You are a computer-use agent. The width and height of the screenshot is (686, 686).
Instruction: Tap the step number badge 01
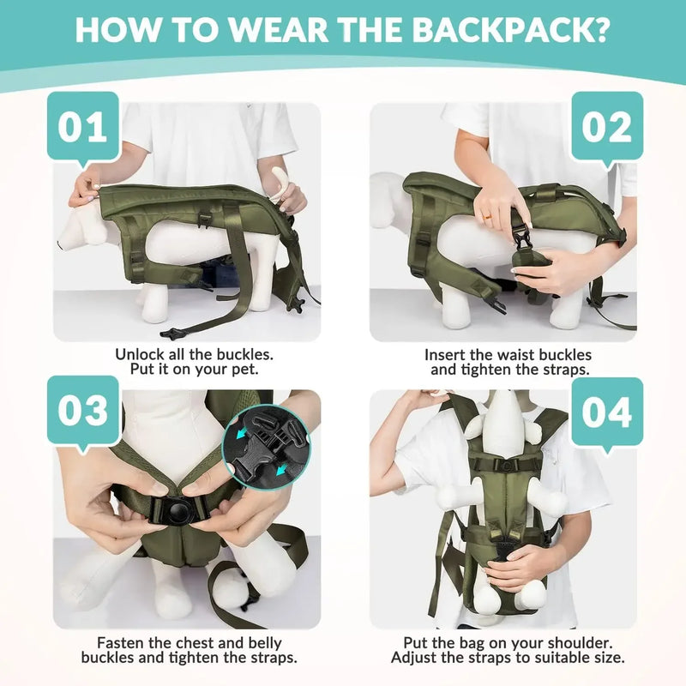pyautogui.click(x=82, y=126)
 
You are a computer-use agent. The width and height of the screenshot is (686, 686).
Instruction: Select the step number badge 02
pyautogui.click(x=606, y=126)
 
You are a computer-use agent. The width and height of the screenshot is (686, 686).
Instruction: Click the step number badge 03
pyautogui.click(x=82, y=411)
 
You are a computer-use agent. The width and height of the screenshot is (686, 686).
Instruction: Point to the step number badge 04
pyautogui.click(x=606, y=412)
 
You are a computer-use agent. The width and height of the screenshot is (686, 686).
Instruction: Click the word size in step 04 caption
pyautogui.click(x=611, y=658)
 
